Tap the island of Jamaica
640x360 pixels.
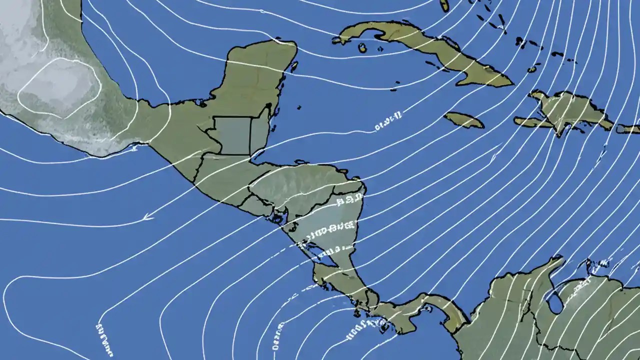pos(463,120)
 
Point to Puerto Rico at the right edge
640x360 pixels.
pos(628,128)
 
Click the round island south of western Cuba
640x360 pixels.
pos(362,48)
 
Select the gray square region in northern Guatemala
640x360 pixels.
pos(232,135)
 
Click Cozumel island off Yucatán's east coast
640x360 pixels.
pos(294,66)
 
